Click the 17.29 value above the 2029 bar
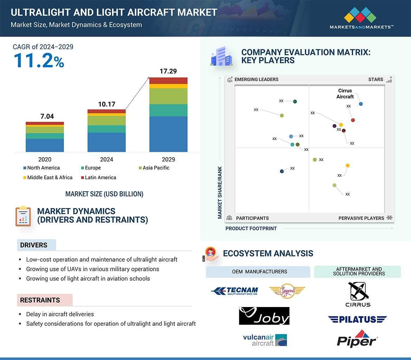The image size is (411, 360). (x=168, y=71)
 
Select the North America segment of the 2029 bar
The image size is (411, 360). (x=168, y=134)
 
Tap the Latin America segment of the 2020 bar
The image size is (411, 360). (x=45, y=124)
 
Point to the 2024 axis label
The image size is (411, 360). (x=106, y=159)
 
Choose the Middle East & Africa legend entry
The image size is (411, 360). (x=50, y=178)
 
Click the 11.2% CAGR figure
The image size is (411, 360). (x=39, y=60)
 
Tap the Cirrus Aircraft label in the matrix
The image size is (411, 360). (x=345, y=94)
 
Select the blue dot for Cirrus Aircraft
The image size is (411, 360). (x=361, y=104)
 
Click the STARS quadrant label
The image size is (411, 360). (x=376, y=79)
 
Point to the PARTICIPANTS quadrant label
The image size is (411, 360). (x=252, y=218)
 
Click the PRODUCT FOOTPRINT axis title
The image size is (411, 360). (x=251, y=228)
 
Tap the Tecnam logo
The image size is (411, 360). (x=235, y=291)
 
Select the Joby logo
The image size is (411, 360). (x=264, y=316)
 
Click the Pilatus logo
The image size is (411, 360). (x=357, y=319)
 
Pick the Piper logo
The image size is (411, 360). (x=357, y=339)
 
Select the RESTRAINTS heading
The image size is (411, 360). (x=40, y=300)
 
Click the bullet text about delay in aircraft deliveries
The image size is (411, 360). (x=60, y=314)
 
